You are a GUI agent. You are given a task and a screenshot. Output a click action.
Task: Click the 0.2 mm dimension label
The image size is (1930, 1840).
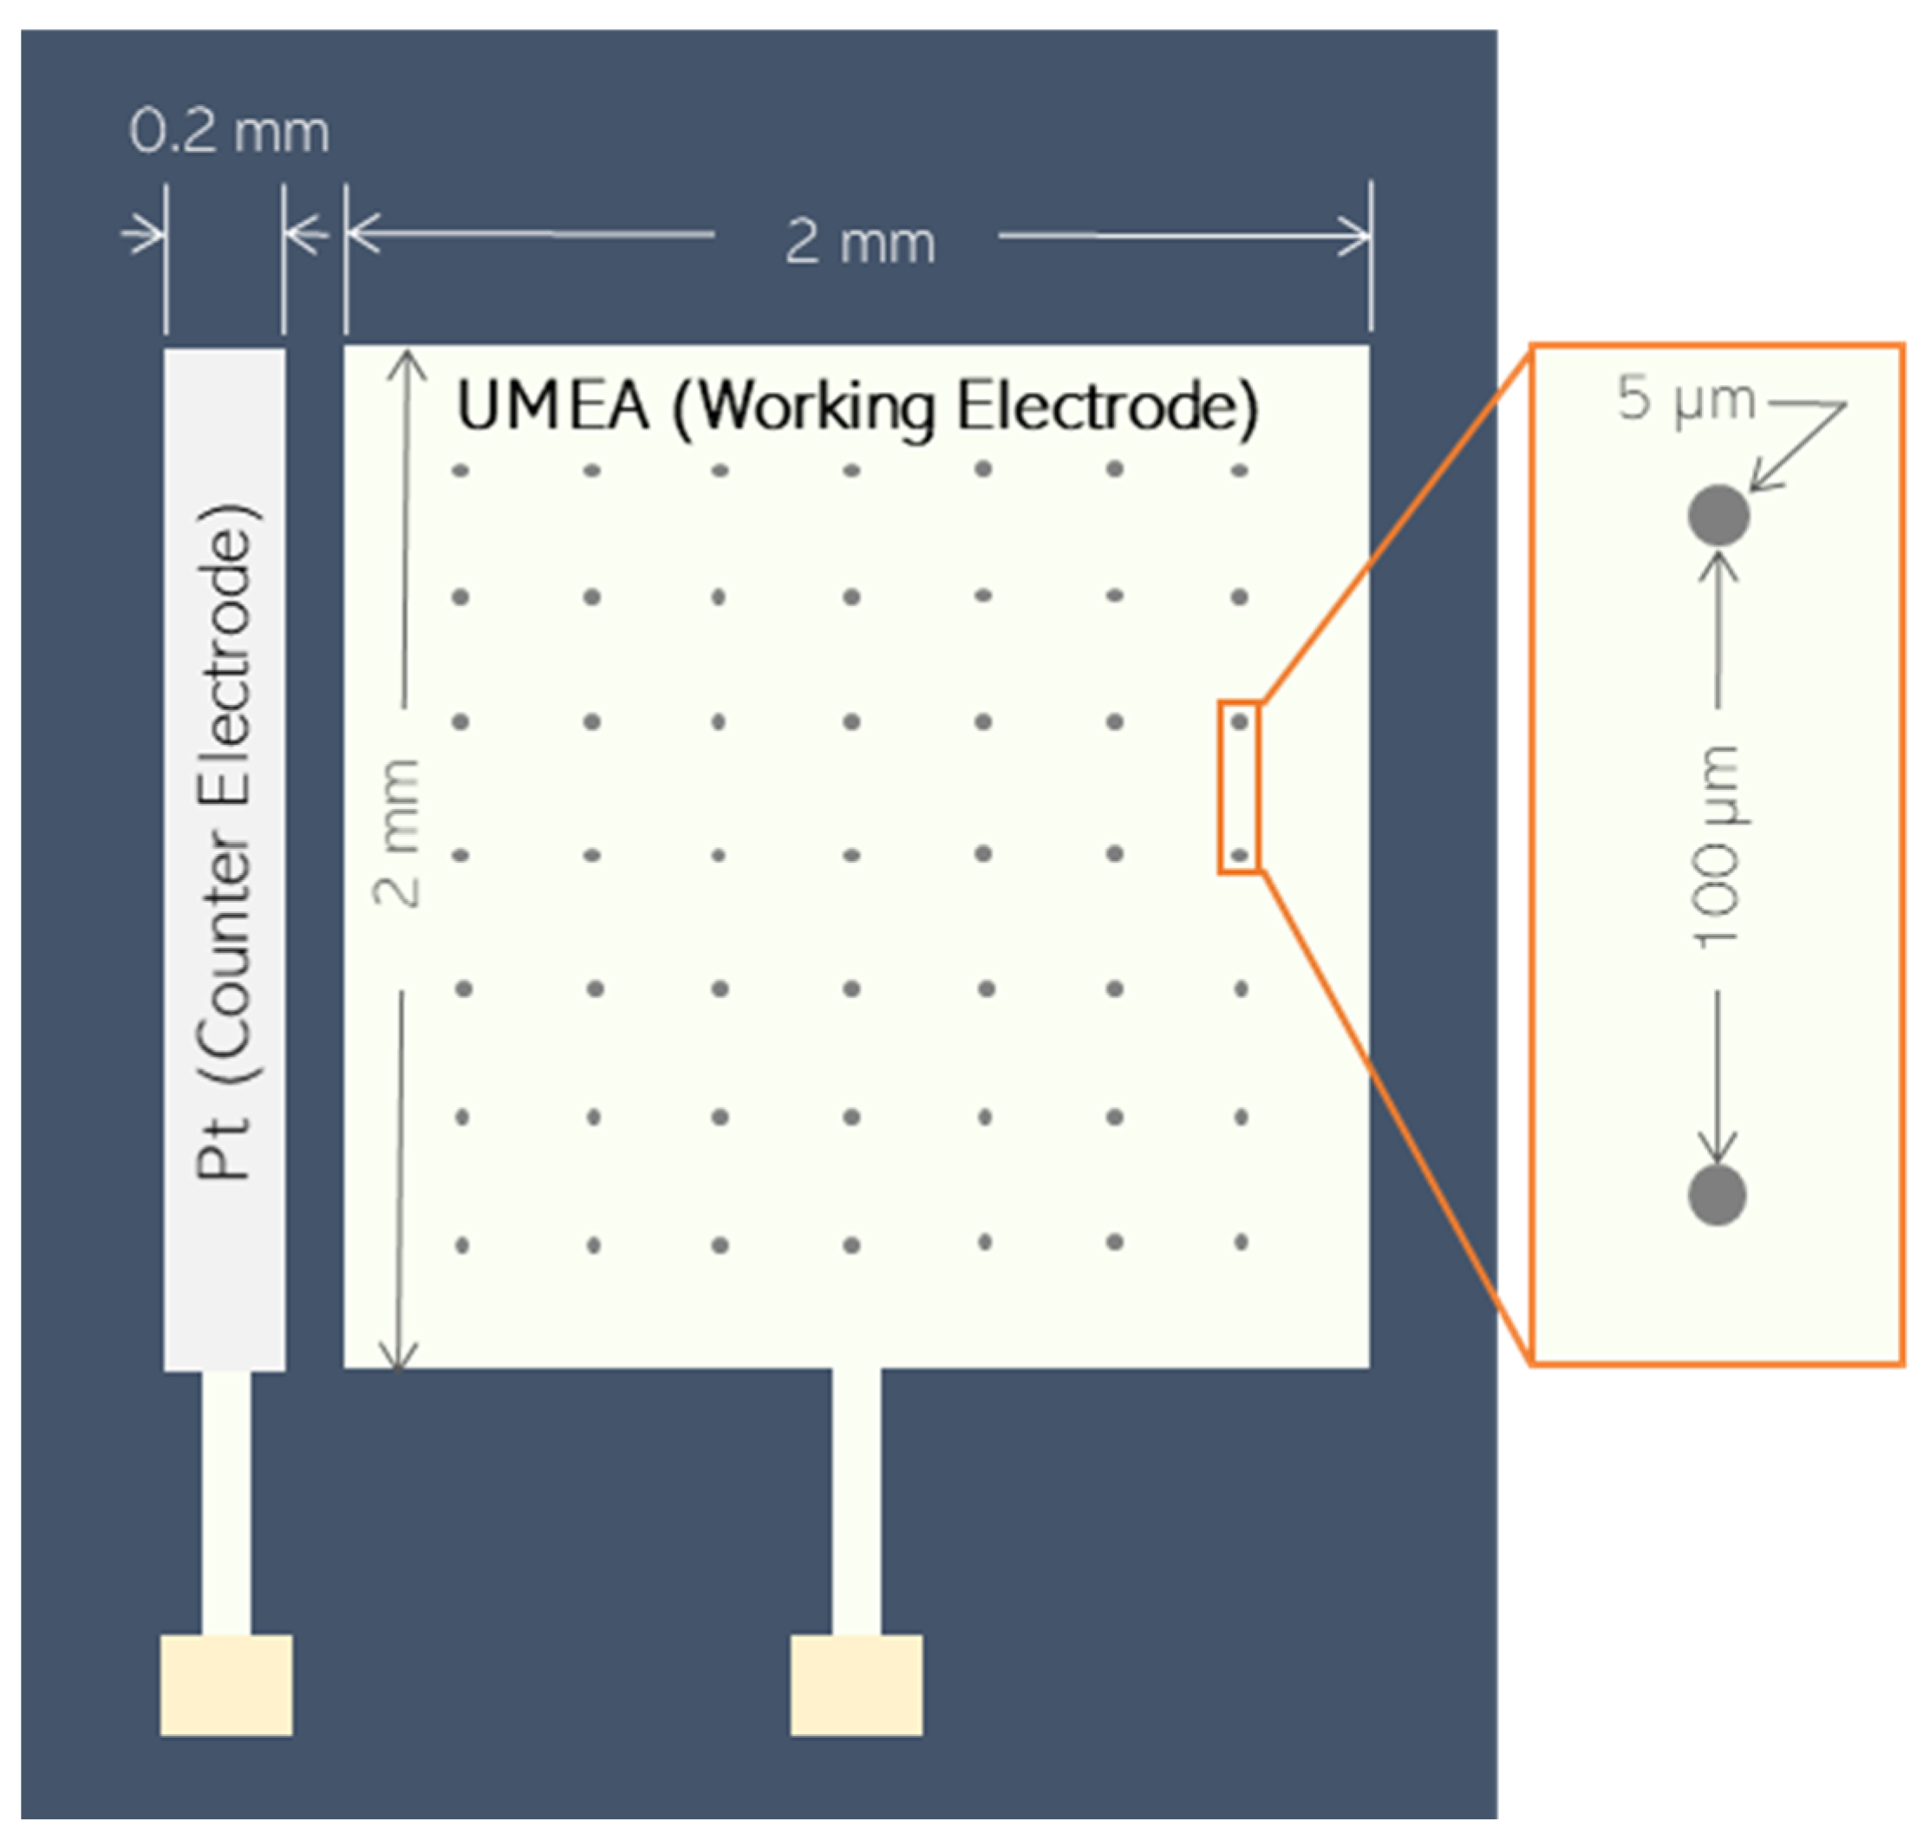(229, 132)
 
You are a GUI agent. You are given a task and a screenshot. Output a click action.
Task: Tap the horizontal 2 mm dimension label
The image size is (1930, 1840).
(859, 241)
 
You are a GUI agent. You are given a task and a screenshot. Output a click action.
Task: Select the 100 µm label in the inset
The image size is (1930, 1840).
(1716, 846)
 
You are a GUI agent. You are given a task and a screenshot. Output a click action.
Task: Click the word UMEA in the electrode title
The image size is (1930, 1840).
(553, 405)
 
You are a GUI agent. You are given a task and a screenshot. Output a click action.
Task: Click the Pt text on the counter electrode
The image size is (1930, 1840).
(225, 1146)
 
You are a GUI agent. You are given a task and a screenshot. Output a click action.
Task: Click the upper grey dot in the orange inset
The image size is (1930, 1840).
(1718, 515)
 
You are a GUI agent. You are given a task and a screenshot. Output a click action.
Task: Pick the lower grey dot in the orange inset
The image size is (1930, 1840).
(1716, 1195)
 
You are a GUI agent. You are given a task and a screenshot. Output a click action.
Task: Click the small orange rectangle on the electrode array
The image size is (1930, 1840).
(1239, 786)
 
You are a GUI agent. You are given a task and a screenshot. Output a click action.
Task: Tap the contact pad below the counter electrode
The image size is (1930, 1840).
(226, 1684)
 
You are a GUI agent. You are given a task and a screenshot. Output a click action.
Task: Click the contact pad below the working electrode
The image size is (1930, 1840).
(856, 1684)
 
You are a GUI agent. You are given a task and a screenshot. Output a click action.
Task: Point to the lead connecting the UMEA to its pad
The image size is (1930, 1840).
(856, 1501)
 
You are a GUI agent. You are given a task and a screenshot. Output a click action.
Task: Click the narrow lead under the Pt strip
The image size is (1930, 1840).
(226, 1501)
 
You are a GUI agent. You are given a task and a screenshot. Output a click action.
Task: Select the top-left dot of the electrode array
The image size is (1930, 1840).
(460, 471)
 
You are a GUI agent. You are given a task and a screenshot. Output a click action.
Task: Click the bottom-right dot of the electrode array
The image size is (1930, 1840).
(1241, 1242)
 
